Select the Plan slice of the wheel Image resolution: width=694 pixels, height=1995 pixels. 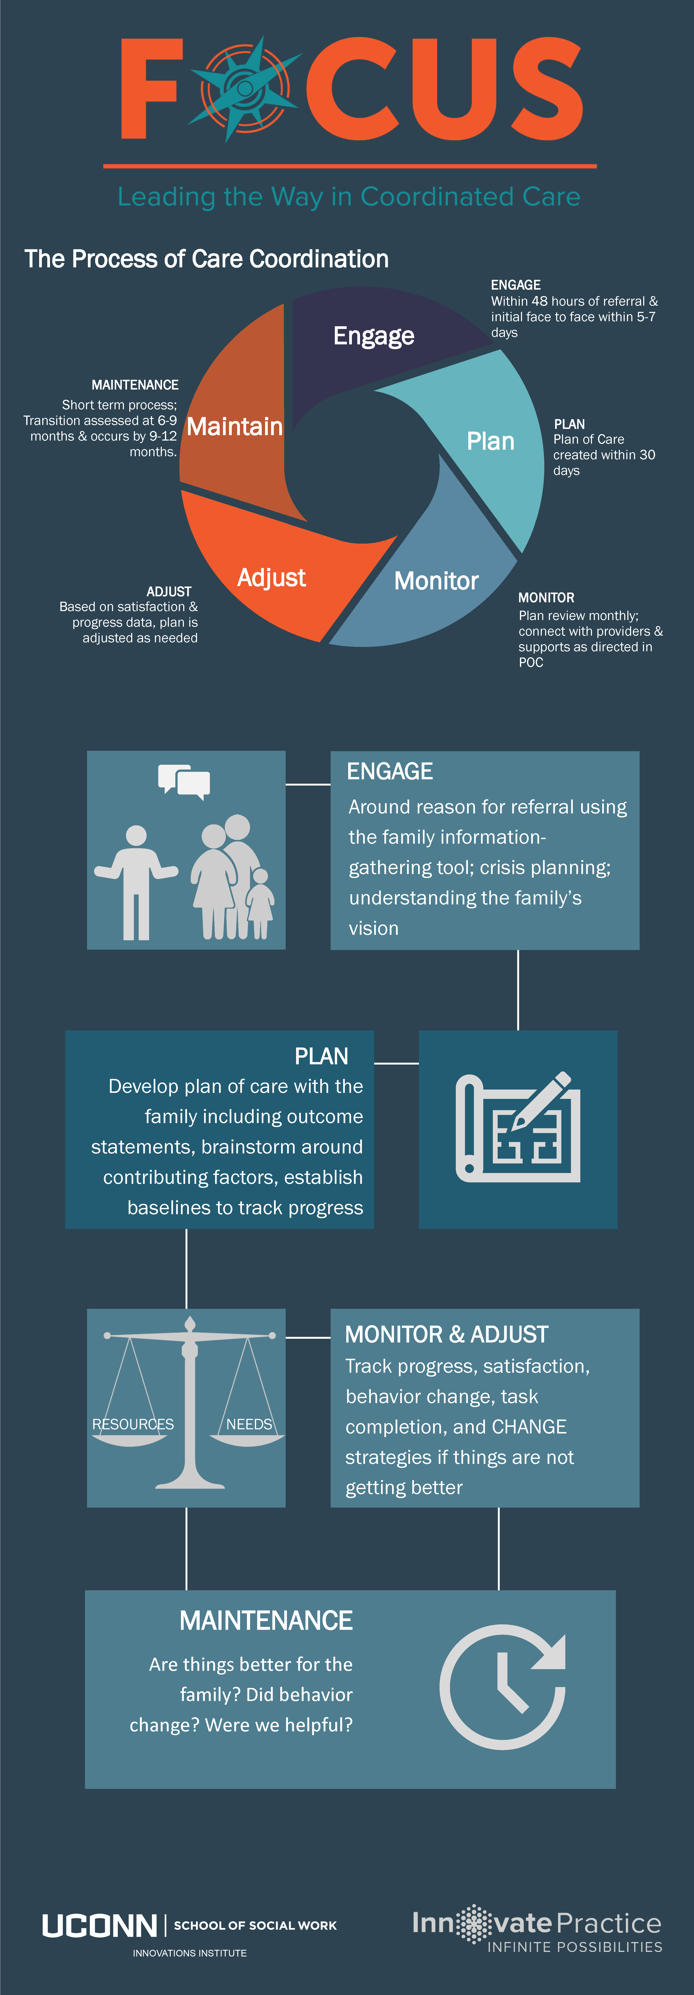pyautogui.click(x=488, y=441)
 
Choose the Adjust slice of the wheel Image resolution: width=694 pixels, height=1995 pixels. pyautogui.click(x=271, y=573)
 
